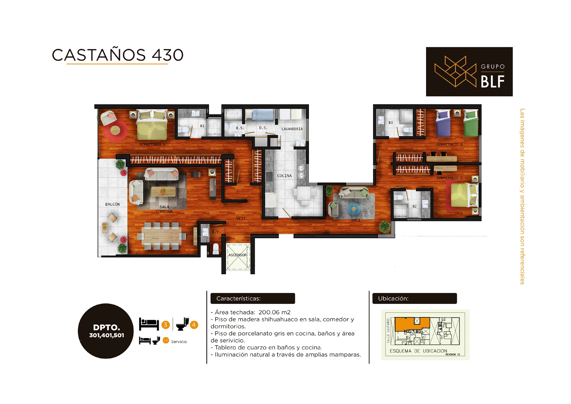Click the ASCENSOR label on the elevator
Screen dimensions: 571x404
tap(237, 255)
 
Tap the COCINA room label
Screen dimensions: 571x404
tap(284, 176)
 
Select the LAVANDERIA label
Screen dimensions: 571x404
tap(292, 129)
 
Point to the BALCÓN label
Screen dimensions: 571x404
tap(112, 204)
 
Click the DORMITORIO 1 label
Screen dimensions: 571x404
tap(152, 145)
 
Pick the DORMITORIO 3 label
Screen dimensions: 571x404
tap(449, 145)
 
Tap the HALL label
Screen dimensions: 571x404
tap(356, 220)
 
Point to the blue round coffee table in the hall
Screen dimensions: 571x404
tap(354, 209)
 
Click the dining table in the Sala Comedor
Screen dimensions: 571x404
tap(162, 236)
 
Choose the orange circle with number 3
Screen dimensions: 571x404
tap(166, 325)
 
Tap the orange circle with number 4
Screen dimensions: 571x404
tap(194, 325)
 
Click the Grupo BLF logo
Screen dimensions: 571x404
tap(469, 72)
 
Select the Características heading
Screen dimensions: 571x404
tap(238, 299)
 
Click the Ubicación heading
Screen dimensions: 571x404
tap(393, 299)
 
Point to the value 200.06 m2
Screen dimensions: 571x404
tap(274, 312)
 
